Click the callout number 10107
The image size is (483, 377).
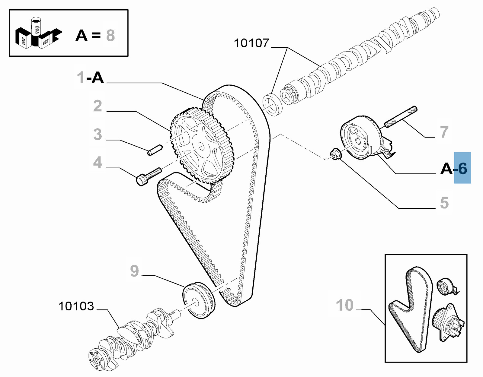point(252,43)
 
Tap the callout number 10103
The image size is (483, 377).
point(76,306)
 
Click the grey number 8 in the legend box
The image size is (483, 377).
point(110,35)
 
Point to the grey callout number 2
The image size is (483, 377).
point(98,106)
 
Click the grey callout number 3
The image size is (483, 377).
point(98,134)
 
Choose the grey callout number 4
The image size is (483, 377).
point(98,162)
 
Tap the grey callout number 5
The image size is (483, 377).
point(444,203)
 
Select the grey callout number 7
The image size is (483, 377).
point(444,132)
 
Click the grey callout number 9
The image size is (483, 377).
point(134,271)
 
